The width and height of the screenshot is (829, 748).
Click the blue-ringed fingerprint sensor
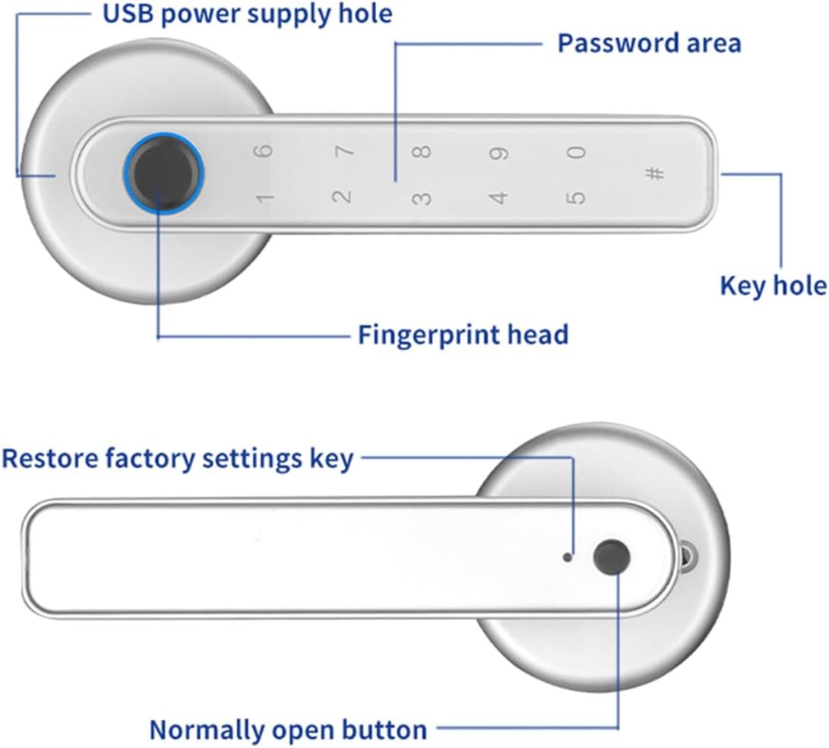click(x=165, y=173)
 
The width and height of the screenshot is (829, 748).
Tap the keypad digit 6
click(x=262, y=150)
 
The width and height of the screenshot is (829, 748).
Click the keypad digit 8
click(x=424, y=151)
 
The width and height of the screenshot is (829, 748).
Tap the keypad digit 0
click(x=578, y=152)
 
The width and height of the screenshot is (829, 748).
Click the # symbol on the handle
click(x=654, y=173)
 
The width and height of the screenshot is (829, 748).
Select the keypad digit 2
click(x=343, y=197)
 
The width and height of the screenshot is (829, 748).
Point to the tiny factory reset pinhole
click(x=567, y=557)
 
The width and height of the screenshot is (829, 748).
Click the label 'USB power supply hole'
click(x=248, y=13)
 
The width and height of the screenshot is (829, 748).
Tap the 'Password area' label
click(x=649, y=43)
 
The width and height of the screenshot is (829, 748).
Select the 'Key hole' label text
click(x=773, y=286)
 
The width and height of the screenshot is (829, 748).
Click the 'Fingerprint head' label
click(x=463, y=334)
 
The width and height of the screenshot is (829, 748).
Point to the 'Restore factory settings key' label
click(x=178, y=459)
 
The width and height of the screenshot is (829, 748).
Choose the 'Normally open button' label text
click(x=288, y=730)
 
